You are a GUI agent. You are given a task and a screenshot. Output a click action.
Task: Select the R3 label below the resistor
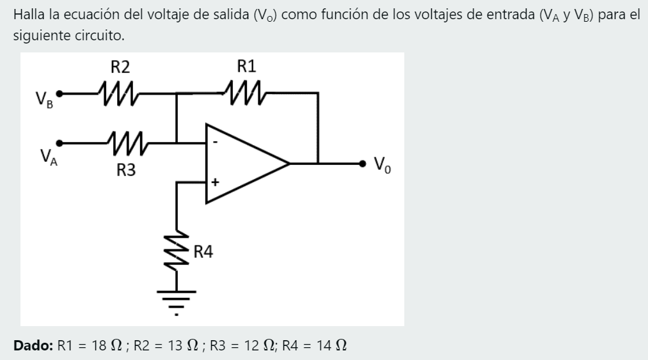pyautogui.click(x=126, y=171)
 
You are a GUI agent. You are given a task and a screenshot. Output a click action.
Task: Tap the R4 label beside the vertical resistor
pyautogui.click(x=203, y=251)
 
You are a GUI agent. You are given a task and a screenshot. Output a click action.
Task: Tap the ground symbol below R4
pyautogui.click(x=177, y=301)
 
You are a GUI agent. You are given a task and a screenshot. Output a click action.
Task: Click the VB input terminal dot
pyautogui.click(x=61, y=93)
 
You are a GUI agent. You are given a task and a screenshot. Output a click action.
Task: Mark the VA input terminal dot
pyautogui.click(x=61, y=142)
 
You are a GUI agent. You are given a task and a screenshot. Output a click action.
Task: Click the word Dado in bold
pyautogui.click(x=33, y=346)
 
